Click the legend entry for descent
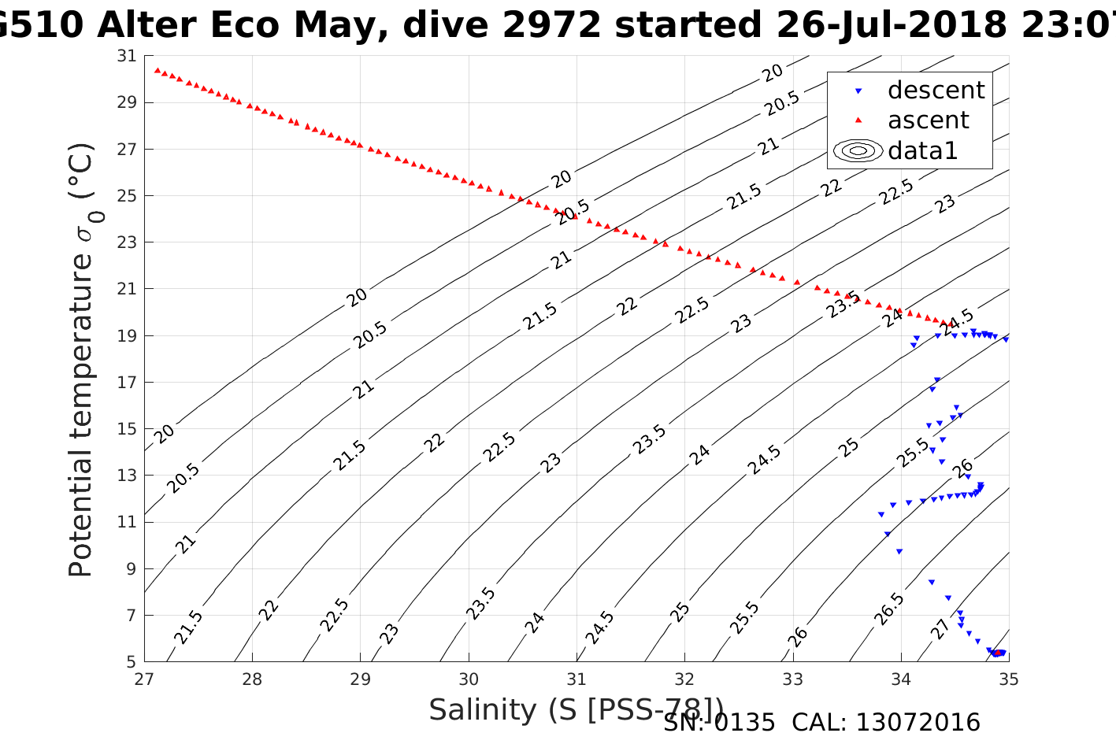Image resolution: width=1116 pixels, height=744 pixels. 936,91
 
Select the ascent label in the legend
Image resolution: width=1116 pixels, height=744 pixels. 928,120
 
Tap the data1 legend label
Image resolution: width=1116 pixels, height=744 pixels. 922,150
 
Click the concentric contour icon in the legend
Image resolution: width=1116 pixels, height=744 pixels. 858,150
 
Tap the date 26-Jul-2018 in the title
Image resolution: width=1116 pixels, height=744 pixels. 891,26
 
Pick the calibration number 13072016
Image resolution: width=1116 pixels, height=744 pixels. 918,723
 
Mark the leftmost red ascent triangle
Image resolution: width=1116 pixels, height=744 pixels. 157,70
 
